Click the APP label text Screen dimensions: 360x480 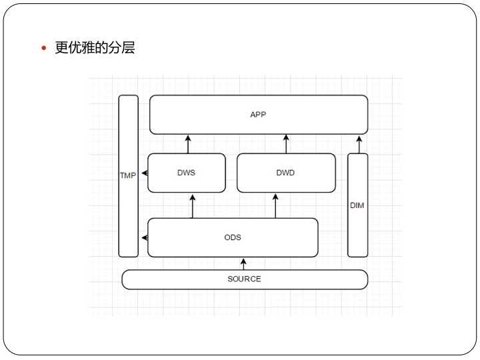258,115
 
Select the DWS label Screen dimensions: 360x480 186,173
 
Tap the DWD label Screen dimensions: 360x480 285,173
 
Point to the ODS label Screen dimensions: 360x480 233,237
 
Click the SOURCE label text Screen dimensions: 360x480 244,279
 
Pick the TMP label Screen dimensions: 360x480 127,176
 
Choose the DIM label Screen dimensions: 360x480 357,205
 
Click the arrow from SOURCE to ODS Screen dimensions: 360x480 244,263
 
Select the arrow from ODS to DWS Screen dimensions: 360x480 193,206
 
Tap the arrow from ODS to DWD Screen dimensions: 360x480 275,206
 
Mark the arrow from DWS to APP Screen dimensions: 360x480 188,144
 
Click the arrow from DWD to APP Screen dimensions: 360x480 286,144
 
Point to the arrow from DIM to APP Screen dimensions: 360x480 359,144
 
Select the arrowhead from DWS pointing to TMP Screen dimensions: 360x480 143,173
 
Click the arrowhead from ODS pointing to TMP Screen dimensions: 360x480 143,237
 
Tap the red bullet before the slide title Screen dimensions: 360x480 44,49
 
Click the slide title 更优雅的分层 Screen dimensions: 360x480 95,48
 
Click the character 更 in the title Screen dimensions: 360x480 62,48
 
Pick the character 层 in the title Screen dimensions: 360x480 128,48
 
